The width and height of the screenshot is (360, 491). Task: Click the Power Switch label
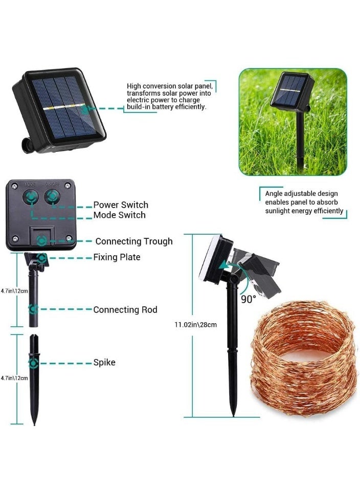[x=121, y=205]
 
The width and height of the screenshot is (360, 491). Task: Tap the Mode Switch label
[x=119, y=215]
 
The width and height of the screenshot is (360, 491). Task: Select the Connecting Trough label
[x=134, y=241]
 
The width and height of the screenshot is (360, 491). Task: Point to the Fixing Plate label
[x=117, y=257]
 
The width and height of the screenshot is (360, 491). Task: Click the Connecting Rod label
[x=125, y=310]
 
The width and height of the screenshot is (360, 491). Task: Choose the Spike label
[x=104, y=362]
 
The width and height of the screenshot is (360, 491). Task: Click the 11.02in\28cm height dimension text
[x=196, y=325]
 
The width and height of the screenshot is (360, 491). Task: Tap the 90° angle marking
[x=248, y=299]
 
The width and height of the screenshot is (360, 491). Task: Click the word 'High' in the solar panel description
[x=133, y=86]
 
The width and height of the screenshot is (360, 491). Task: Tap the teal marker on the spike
[x=34, y=363]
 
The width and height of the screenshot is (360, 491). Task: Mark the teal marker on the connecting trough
[x=41, y=241]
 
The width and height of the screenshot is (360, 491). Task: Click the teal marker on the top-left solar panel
[x=84, y=109]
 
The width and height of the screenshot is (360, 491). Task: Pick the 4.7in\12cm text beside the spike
[x=14, y=378]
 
